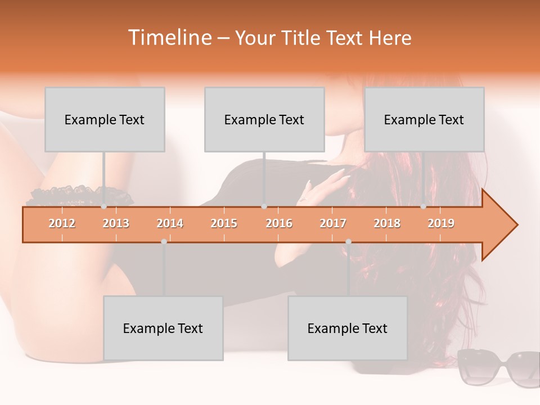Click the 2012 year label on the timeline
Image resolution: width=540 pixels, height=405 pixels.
(x=62, y=223)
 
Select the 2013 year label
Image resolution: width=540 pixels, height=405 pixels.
(x=116, y=223)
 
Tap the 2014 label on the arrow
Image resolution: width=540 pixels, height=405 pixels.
(x=170, y=223)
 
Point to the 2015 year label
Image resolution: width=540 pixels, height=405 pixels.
(x=224, y=223)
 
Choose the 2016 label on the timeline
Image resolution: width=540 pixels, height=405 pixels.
(x=279, y=223)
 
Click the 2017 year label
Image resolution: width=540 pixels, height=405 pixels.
(x=333, y=223)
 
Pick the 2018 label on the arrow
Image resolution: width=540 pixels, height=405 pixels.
(x=387, y=223)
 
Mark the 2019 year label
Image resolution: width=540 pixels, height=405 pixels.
(x=441, y=223)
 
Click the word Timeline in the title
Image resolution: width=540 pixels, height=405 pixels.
(x=169, y=38)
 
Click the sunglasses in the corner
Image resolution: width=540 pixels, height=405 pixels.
(x=498, y=367)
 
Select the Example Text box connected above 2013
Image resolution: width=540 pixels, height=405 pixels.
(x=105, y=119)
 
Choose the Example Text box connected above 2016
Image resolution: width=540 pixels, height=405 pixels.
(x=264, y=119)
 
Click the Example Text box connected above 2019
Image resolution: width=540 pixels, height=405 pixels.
(x=424, y=119)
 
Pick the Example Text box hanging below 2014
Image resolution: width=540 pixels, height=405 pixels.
(x=163, y=328)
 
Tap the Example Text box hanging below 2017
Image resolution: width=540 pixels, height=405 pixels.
(x=348, y=328)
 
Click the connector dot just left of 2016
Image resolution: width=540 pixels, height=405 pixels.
(x=264, y=206)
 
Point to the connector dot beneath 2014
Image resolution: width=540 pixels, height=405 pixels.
(x=164, y=241)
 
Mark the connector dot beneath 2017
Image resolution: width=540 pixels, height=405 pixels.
(x=348, y=241)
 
